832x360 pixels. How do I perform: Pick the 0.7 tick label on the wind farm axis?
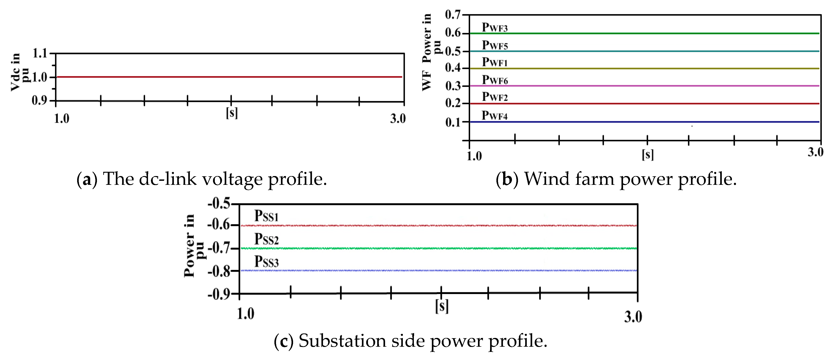click(x=453, y=15)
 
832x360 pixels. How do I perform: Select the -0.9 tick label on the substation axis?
click(x=219, y=295)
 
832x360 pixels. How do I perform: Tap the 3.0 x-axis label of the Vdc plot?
click(x=398, y=119)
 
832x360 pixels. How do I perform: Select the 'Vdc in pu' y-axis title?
click(x=19, y=72)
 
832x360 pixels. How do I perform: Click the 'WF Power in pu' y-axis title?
click(x=431, y=52)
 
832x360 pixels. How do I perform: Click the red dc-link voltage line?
click(x=226, y=77)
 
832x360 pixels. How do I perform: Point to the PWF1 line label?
click(x=494, y=62)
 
